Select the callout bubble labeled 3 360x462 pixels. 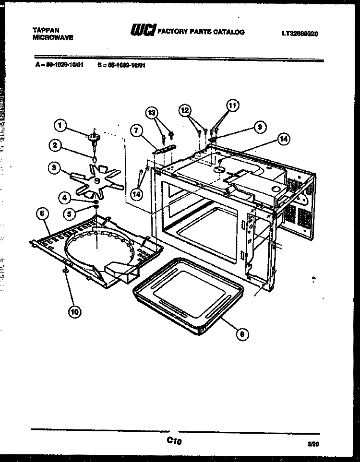[55, 167]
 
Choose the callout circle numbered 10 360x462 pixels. [74, 311]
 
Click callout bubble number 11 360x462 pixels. [232, 106]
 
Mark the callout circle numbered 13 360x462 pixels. [152, 113]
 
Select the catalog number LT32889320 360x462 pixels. [300, 34]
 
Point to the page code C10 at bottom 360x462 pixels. [175, 440]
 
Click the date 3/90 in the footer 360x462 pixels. [313, 444]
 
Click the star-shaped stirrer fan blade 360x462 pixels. [96, 182]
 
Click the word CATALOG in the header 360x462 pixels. [229, 32]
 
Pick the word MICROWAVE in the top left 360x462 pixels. [53, 36]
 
